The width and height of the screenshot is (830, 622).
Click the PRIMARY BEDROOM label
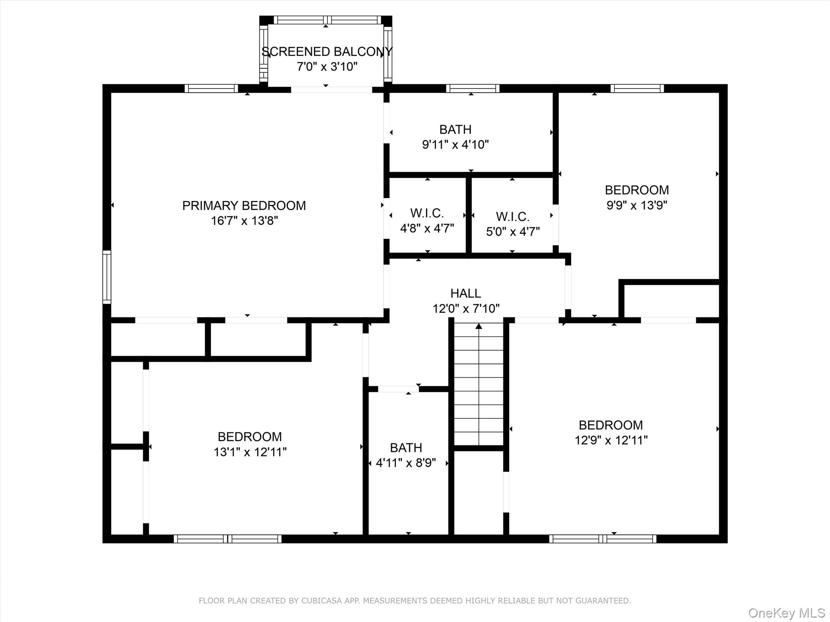[x=244, y=206]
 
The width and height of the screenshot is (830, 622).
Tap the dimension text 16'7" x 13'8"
[x=244, y=221]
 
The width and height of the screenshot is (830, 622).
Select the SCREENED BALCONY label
[x=327, y=52]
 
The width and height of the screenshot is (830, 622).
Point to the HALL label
[x=466, y=293]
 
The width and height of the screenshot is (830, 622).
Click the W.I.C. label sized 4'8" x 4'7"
[x=427, y=213]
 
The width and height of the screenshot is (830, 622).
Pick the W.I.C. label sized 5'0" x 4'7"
[x=513, y=217]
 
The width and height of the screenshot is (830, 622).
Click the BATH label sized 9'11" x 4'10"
[x=456, y=130]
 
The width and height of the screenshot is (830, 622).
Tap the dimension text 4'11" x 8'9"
[x=406, y=463]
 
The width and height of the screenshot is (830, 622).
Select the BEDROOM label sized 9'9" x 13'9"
[x=637, y=190]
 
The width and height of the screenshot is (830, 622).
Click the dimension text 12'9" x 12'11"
[x=611, y=441]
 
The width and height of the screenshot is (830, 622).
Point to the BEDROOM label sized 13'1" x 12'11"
[x=250, y=437]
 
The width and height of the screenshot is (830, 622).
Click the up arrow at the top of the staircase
[x=479, y=326]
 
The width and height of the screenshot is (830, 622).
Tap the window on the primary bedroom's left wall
[x=107, y=277]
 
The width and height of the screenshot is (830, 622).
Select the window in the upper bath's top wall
[x=473, y=88]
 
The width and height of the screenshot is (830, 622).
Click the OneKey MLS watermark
[x=787, y=613]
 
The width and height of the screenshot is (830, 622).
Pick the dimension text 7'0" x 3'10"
[x=327, y=67]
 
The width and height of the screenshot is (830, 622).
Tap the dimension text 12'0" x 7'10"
[x=466, y=309]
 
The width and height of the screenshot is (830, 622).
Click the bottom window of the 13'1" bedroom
[x=227, y=539]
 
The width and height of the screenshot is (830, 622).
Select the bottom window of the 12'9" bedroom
[x=602, y=539]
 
